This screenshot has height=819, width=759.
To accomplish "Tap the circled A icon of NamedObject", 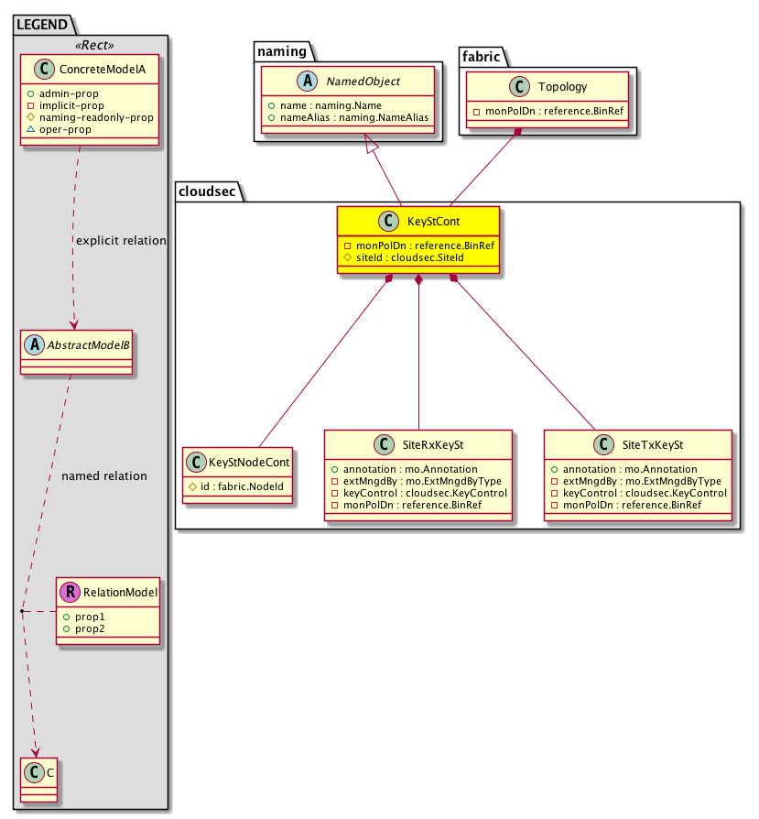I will coord(277,82).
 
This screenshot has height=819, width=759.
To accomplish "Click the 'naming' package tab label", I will coord(281,52).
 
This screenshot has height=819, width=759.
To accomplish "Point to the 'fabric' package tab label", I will coord(482,55).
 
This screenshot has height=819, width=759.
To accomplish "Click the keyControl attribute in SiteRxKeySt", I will coord(418,492).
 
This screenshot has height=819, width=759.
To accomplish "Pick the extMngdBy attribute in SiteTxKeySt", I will coord(641,480).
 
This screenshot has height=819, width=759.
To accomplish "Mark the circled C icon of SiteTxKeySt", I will coord(602,444).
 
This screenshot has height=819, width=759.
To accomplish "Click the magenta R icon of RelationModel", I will coord(70,592).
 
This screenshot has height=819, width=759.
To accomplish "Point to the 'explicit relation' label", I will coord(121,241).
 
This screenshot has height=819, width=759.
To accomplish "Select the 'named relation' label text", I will coord(103,476).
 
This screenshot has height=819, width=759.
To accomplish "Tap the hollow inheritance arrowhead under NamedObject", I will coord(371,143).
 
